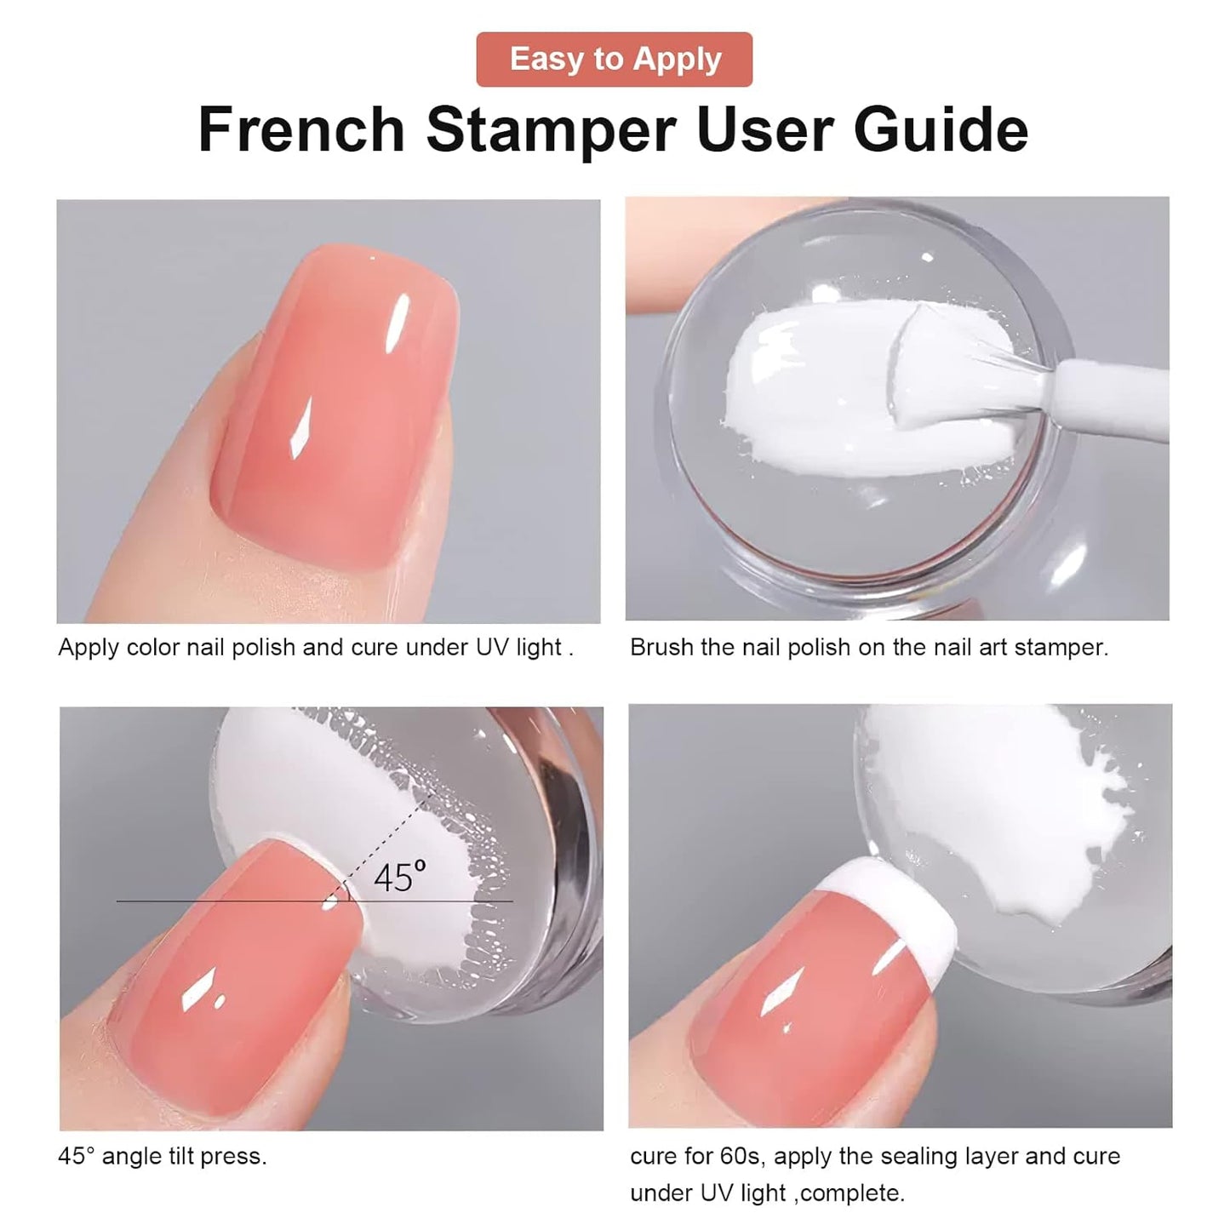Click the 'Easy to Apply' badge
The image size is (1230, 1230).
pyautogui.click(x=615, y=60)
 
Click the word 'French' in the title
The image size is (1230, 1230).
pyautogui.click(x=301, y=129)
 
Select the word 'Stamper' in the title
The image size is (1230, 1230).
pyautogui.click(x=551, y=129)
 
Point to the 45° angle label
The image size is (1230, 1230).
pyautogui.click(x=398, y=876)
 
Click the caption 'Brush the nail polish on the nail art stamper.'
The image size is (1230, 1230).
pyautogui.click(x=869, y=648)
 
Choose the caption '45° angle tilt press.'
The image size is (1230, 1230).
pyautogui.click(x=163, y=1156)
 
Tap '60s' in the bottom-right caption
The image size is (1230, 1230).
pyautogui.click(x=739, y=1156)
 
